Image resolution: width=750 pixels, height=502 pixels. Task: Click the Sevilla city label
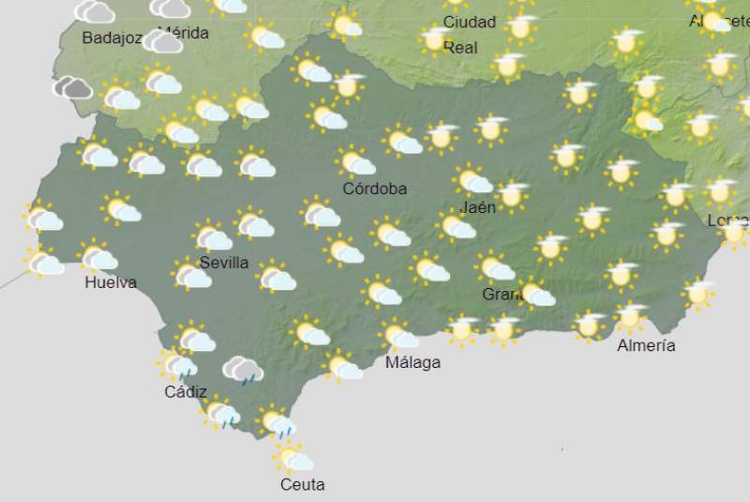[x=224, y=263]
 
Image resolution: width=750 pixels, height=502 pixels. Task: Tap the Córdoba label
[x=374, y=189]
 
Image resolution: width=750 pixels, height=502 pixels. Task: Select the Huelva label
[x=110, y=282]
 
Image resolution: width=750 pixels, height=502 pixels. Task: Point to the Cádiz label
[x=186, y=392]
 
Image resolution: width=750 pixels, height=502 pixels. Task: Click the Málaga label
[x=412, y=362]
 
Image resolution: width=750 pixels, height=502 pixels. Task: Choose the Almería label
[x=646, y=346]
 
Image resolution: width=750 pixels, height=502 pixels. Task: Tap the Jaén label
[x=478, y=207]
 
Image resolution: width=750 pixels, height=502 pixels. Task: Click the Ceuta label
[x=303, y=485]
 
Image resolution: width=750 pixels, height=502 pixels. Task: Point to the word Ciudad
[x=470, y=22]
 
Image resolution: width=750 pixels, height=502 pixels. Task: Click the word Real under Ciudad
[x=460, y=47]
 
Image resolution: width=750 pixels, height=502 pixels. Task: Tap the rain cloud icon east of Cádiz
[x=243, y=370]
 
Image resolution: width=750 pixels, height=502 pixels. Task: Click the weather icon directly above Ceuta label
[x=293, y=458]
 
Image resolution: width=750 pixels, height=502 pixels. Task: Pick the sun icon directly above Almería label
[x=630, y=317]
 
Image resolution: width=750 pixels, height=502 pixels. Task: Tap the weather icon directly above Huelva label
[x=97, y=256]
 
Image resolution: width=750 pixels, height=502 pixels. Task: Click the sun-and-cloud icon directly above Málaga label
[x=398, y=334]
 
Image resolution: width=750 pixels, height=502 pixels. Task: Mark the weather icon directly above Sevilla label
[x=212, y=236]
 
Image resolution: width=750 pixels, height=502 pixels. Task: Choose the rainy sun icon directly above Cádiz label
[x=177, y=364]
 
